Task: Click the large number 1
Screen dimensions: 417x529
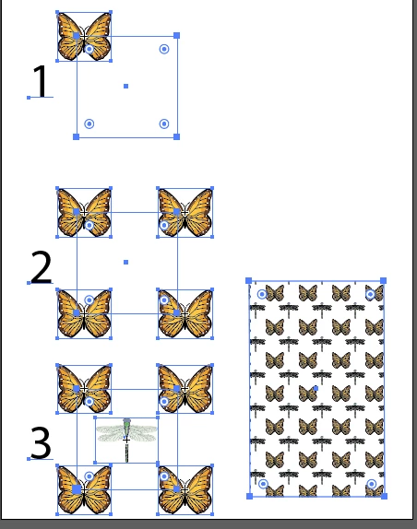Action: point(42,81)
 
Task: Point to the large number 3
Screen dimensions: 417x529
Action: point(41,442)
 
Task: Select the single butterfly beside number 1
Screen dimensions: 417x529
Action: point(84,37)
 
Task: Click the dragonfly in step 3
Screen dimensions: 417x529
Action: point(126,440)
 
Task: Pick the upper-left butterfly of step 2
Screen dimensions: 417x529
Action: point(84,213)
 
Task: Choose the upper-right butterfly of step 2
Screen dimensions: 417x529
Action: point(185,213)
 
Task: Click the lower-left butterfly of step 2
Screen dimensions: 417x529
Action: point(84,313)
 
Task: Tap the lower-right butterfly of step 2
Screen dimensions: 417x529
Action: point(185,313)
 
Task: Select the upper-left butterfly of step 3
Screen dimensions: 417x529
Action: point(84,389)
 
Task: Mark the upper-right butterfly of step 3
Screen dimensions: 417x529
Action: point(185,389)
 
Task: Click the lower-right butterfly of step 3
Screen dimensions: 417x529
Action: point(185,490)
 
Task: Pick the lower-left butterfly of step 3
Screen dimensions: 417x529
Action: point(84,490)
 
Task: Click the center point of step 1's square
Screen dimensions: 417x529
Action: point(126,86)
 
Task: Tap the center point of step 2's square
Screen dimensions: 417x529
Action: point(126,262)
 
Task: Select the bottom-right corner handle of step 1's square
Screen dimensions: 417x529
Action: point(176,136)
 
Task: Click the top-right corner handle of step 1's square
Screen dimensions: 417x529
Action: point(176,35)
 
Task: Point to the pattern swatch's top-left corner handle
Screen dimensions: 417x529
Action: point(249,281)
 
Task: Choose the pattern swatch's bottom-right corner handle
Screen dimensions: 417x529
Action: point(384,496)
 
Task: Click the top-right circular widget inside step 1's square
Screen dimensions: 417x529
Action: point(164,49)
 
